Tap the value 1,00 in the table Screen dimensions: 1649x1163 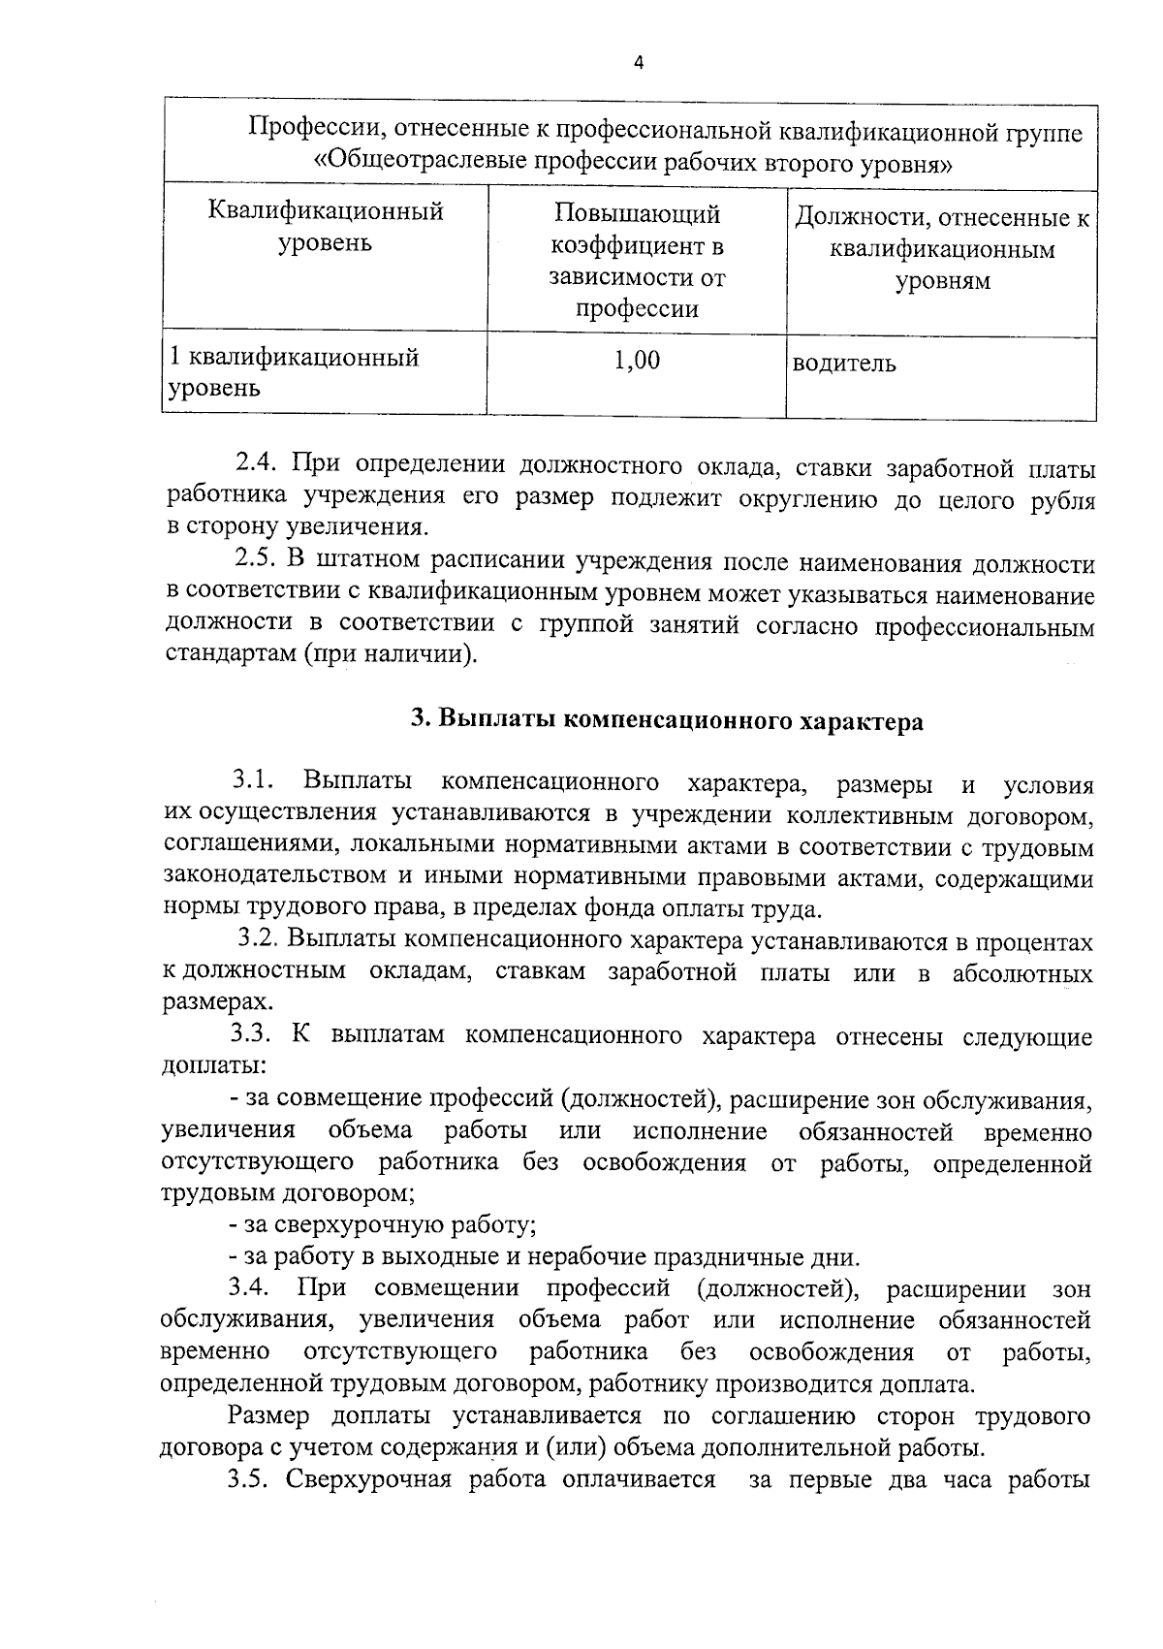637,362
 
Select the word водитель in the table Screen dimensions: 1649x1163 844,365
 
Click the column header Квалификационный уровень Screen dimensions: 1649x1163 326,226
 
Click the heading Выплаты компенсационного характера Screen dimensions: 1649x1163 667,721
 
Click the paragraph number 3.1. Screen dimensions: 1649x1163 254,781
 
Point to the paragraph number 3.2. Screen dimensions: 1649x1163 260,940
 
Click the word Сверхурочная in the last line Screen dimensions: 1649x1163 368,1479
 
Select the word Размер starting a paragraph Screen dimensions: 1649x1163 269,1415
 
